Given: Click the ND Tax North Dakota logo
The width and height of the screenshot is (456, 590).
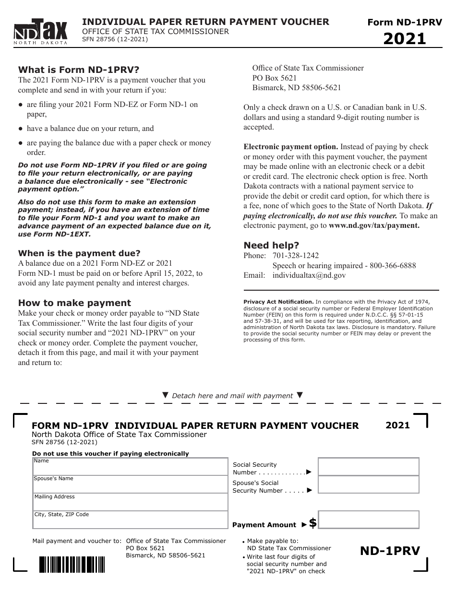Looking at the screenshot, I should click(x=41, y=32).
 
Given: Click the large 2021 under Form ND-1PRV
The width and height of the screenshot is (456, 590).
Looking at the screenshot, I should click(x=405, y=38).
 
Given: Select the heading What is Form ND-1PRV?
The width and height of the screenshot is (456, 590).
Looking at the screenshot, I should click(x=79, y=69).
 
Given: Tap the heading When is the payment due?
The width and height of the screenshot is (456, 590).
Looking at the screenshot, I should click(x=79, y=253).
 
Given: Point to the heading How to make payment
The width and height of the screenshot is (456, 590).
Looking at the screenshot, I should click(x=74, y=303).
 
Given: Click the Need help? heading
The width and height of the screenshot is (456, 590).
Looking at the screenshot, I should click(x=271, y=246).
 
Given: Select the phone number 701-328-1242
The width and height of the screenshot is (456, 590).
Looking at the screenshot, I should click(x=296, y=256).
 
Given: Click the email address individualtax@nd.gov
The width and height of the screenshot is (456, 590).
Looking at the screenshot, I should click(x=309, y=275).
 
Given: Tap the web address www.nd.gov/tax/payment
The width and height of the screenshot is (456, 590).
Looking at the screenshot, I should click(x=374, y=225).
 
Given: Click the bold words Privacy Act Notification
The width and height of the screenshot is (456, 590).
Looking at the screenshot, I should click(x=278, y=302).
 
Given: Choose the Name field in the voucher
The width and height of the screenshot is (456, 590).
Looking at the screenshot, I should click(x=130, y=467).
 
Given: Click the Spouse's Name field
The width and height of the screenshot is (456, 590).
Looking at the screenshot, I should click(x=130, y=484).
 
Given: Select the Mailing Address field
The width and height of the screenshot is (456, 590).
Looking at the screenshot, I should click(x=130, y=502).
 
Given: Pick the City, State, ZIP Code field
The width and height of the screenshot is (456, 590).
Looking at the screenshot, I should click(x=130, y=520).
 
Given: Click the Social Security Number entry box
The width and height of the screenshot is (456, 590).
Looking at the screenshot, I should click(x=368, y=467).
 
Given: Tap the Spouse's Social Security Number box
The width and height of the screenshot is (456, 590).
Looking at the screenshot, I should click(x=368, y=484).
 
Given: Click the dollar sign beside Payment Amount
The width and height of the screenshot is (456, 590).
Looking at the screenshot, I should click(x=313, y=523).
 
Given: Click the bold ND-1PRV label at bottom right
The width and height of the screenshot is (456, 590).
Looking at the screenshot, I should click(x=390, y=551).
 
